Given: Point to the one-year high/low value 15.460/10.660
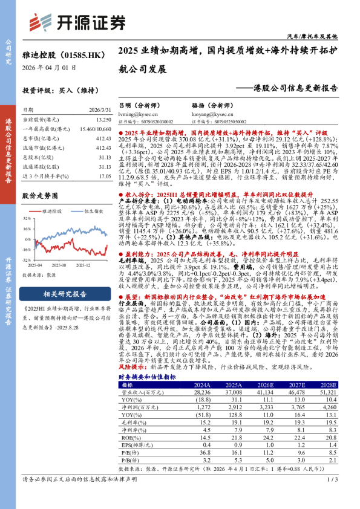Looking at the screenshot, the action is [96, 129].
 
